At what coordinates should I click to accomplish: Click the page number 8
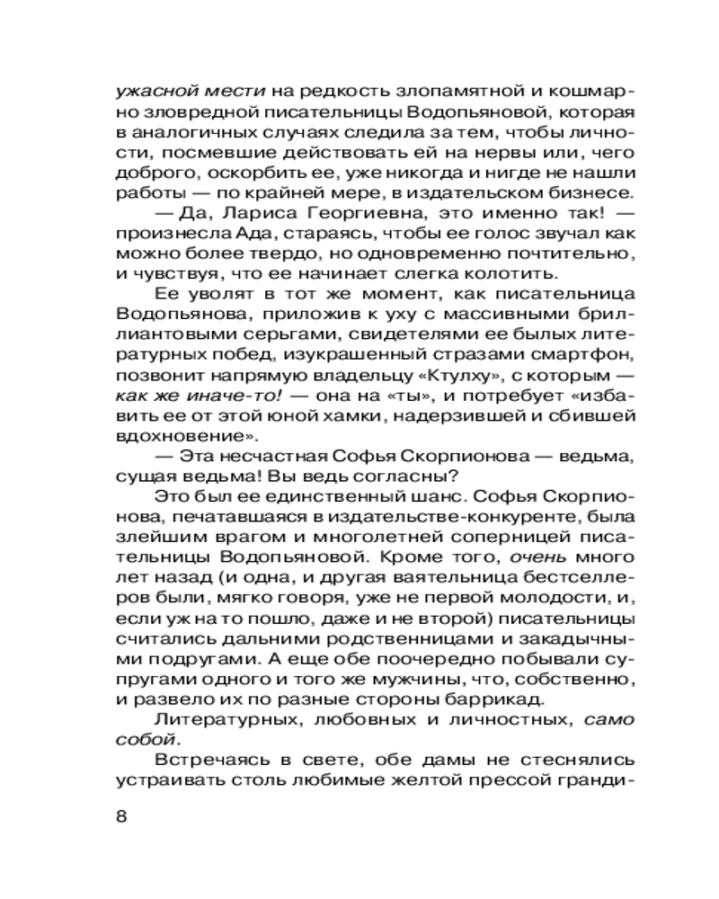tap(122, 816)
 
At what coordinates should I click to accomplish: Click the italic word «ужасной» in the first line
tap(147, 91)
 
